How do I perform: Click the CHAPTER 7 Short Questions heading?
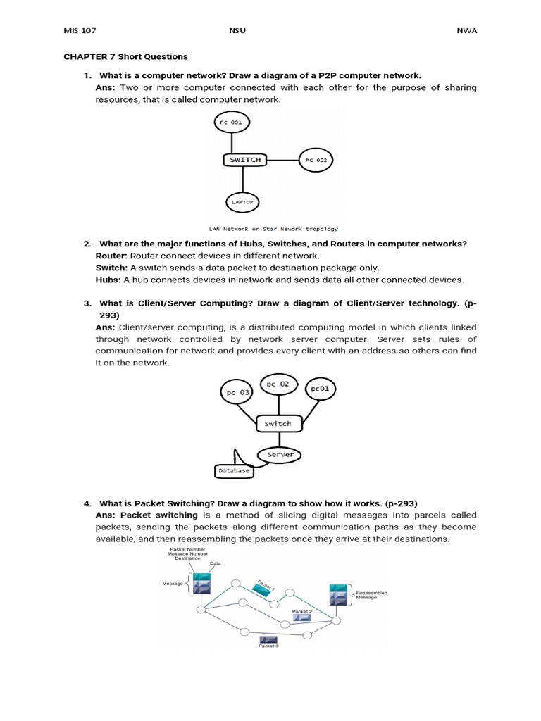coord(126,56)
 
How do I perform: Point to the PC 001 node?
coord(231,123)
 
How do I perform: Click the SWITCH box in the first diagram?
coord(245,160)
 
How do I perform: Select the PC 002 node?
coord(316,161)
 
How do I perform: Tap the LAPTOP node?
coord(242,202)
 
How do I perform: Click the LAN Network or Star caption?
coord(273,228)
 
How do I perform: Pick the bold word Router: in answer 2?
coord(111,256)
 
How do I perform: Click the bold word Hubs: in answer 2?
coord(108,280)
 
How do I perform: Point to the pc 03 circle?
coord(238,392)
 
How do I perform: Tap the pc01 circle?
coord(319,388)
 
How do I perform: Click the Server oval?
coord(280,454)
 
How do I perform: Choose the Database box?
coord(233,470)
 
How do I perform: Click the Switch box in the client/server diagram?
coord(278,423)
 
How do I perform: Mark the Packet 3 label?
coord(268,645)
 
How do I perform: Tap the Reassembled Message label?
coord(371,595)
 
